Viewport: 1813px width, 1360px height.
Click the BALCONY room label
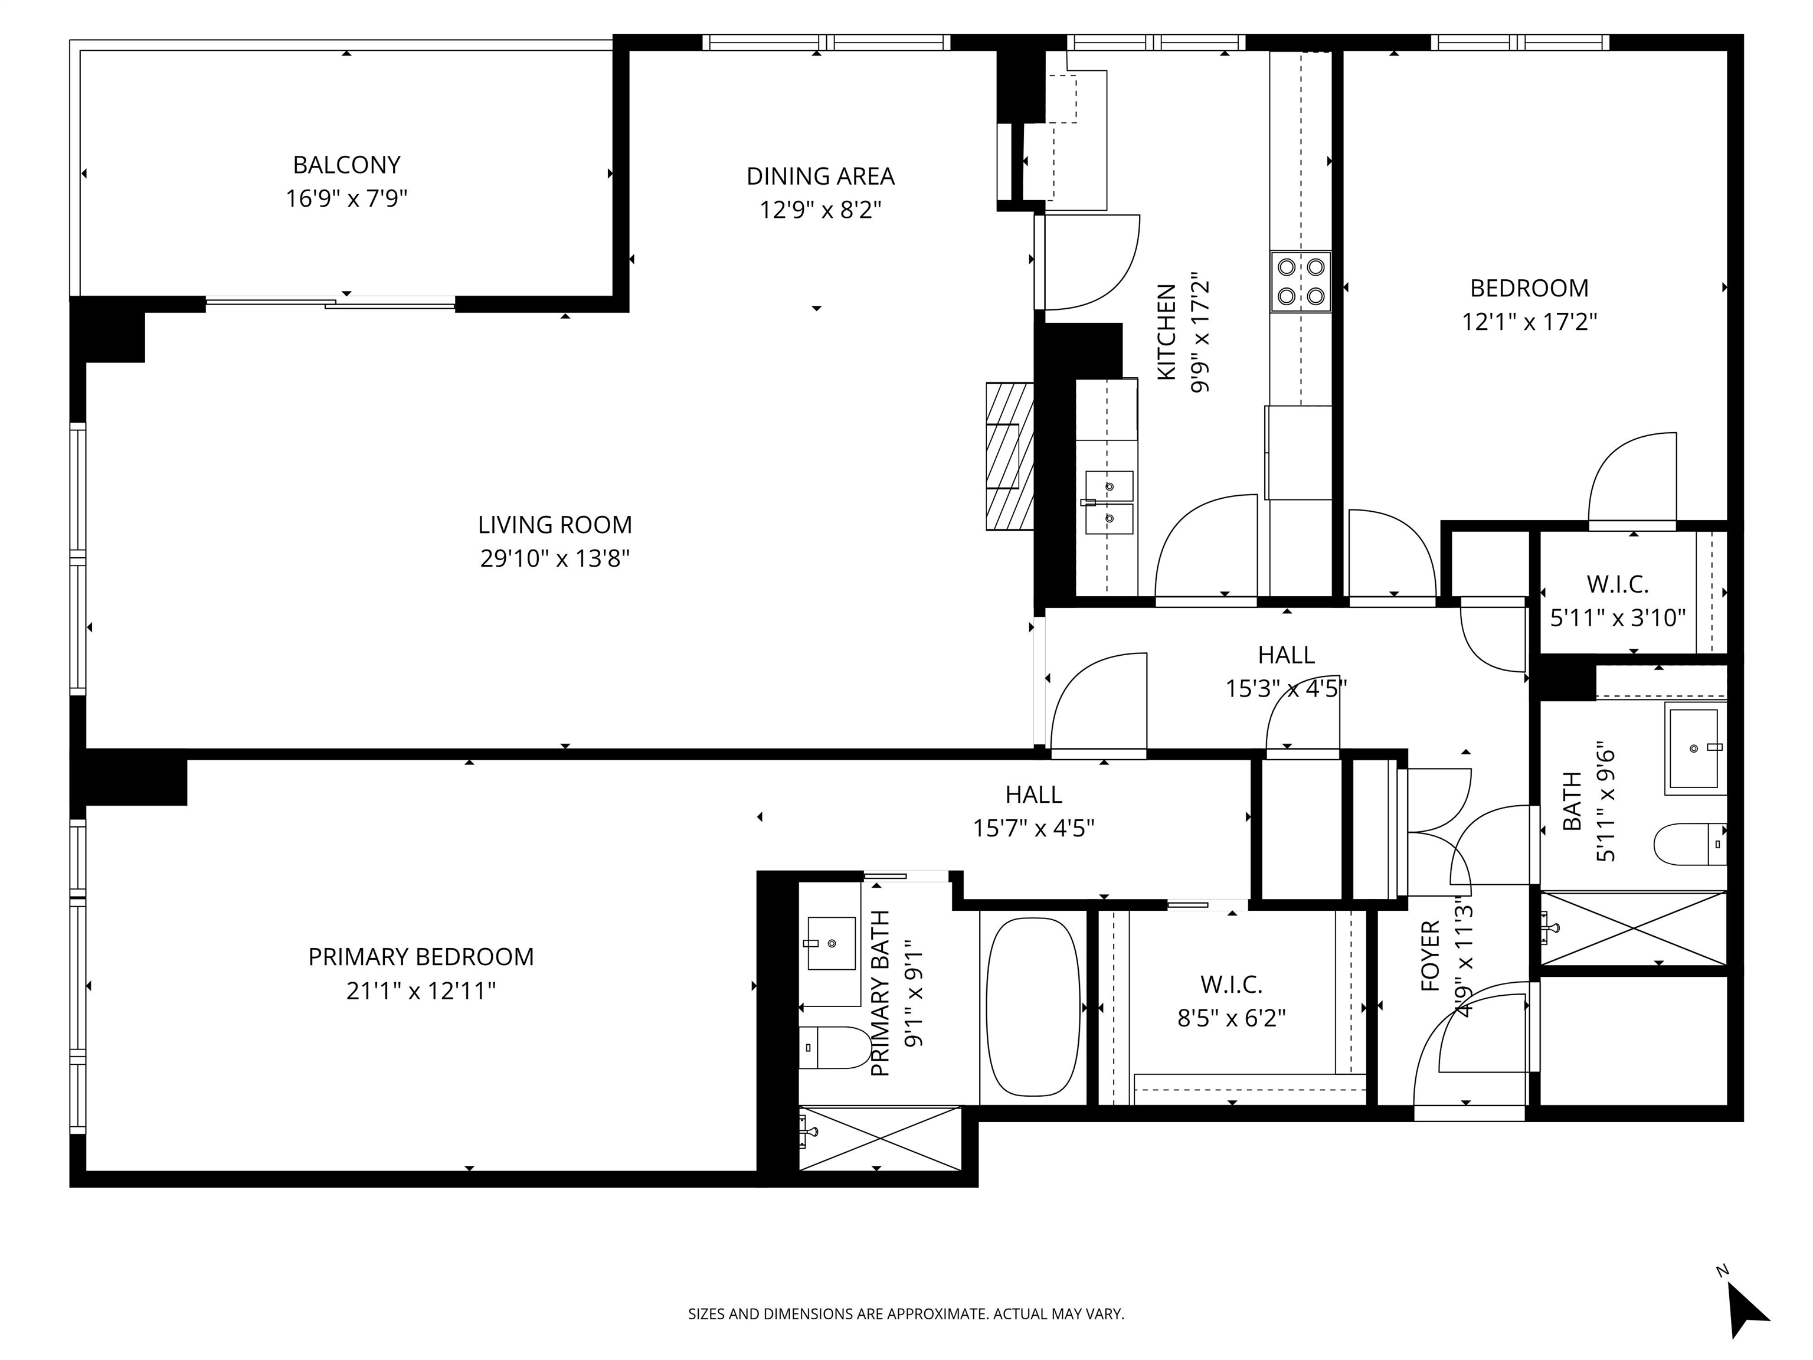coord(346,165)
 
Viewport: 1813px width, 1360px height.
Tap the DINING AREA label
coord(820,176)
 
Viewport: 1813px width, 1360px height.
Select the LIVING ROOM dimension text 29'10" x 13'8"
coord(555,559)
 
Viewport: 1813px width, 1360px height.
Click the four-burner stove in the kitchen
coord(1301,281)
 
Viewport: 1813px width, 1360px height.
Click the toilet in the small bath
coord(1691,844)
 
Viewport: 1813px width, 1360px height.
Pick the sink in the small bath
coord(1695,748)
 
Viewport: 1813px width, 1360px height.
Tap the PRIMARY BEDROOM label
coord(421,957)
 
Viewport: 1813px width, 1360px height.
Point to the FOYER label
coord(1430,956)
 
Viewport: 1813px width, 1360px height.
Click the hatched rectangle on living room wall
coord(1010,456)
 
